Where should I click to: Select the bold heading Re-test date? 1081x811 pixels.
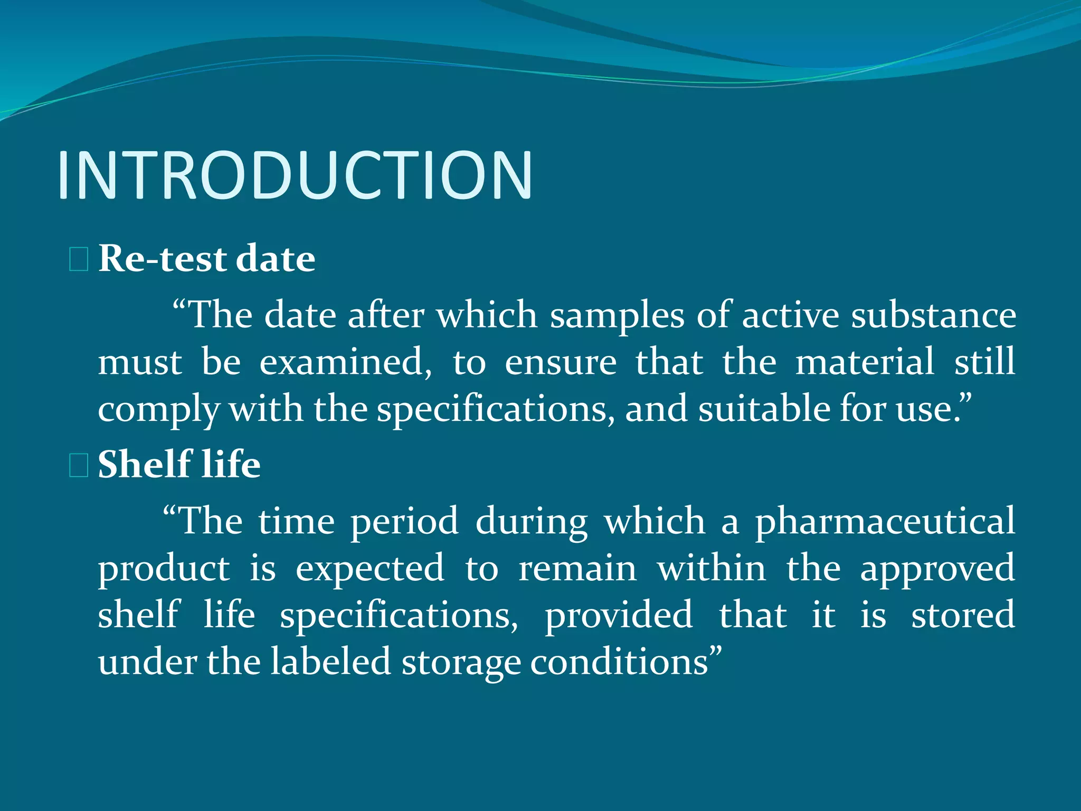(207, 259)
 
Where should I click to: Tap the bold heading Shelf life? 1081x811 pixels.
(179, 465)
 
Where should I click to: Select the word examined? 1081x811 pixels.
(345, 362)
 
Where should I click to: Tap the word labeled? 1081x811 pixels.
(330, 662)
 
